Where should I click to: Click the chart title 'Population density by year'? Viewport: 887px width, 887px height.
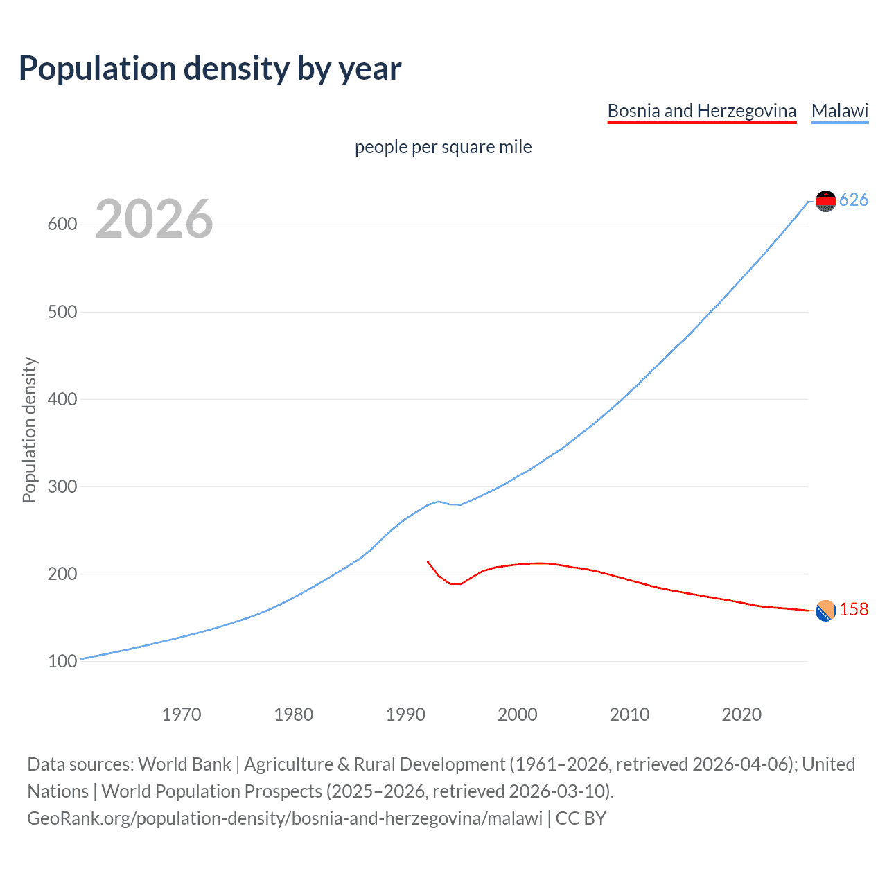pyautogui.click(x=210, y=69)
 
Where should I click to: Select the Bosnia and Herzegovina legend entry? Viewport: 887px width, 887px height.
pyautogui.click(x=701, y=111)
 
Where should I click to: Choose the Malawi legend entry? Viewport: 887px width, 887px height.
pyautogui.click(x=839, y=111)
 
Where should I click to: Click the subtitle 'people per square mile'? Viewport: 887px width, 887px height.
pyautogui.click(x=443, y=147)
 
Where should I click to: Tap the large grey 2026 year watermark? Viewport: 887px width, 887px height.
pyautogui.click(x=154, y=219)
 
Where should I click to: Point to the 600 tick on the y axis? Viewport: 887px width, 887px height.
pyautogui.click(x=62, y=225)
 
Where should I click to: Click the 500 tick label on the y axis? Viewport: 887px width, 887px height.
pyautogui.click(x=62, y=312)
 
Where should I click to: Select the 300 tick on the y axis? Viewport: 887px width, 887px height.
pyautogui.click(x=62, y=486)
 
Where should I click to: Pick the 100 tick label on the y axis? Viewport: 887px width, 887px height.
pyautogui.click(x=62, y=661)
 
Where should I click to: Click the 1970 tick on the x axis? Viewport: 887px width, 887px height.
pyautogui.click(x=182, y=714)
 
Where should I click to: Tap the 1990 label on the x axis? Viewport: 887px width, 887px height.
pyautogui.click(x=405, y=714)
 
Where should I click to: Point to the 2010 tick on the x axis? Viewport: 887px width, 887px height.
pyautogui.click(x=629, y=714)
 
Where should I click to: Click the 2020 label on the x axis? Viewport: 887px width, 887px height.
pyautogui.click(x=741, y=714)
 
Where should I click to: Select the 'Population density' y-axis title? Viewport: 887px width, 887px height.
pyautogui.click(x=29, y=430)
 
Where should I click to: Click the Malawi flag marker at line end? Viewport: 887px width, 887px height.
pyautogui.click(x=825, y=201)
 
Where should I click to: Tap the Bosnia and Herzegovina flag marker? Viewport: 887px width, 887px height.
pyautogui.click(x=825, y=611)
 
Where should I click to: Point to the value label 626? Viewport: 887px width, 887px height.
pyautogui.click(x=854, y=200)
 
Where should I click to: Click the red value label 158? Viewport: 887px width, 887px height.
pyautogui.click(x=854, y=610)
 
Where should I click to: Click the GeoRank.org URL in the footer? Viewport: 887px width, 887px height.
pyautogui.click(x=285, y=818)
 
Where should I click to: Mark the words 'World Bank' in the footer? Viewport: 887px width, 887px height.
pyautogui.click(x=184, y=764)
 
